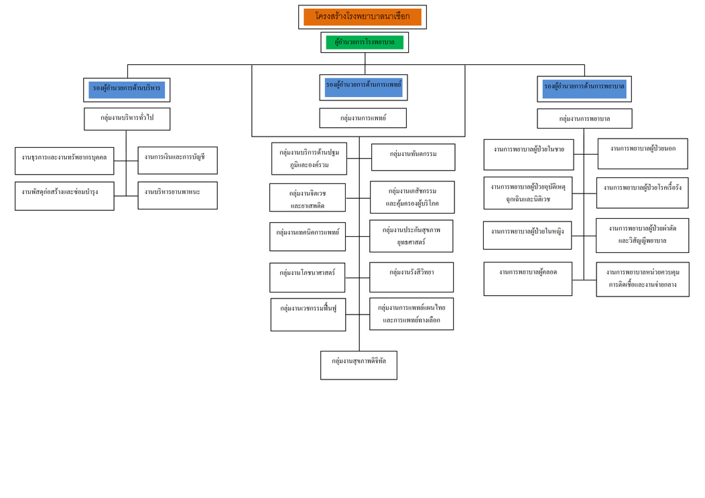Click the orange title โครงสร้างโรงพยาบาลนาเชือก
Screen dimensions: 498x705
click(x=362, y=17)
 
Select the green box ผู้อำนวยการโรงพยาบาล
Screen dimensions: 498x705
click(x=365, y=42)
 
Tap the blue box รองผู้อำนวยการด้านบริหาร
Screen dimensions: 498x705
click(x=127, y=89)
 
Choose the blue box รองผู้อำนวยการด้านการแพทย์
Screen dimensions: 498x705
click(x=363, y=86)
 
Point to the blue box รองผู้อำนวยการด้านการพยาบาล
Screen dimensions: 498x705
click(x=584, y=88)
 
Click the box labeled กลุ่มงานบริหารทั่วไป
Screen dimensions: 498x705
click(x=127, y=118)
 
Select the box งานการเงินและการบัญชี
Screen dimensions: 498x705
click(x=178, y=160)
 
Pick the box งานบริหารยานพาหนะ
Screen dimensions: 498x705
click(x=178, y=195)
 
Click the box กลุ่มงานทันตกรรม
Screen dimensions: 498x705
click(x=413, y=157)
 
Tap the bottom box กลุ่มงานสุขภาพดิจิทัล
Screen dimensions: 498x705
click(x=359, y=365)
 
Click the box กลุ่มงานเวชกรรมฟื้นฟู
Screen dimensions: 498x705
click(x=308, y=314)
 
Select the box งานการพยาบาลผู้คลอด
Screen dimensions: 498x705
click(x=527, y=278)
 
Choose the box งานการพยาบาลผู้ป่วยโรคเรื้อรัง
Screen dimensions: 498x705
click(x=642, y=192)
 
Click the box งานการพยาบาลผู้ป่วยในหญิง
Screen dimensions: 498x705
click(x=527, y=235)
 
